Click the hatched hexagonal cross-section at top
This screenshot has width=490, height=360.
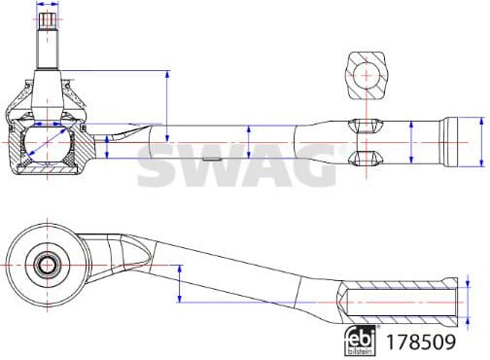(367, 74)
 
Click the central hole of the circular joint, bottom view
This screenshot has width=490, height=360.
(46, 264)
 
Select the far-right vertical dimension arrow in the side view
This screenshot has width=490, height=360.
(481, 143)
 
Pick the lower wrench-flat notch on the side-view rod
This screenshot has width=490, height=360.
(361, 158)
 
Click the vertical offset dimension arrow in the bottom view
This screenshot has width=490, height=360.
(180, 283)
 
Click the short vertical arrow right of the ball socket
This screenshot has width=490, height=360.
(105, 146)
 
